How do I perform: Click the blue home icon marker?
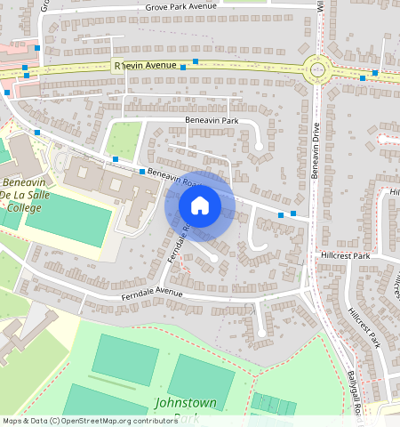click(x=200, y=205)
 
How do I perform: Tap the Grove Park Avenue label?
click(x=181, y=7)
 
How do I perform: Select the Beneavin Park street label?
click(x=212, y=120)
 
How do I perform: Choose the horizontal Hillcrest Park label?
click(x=344, y=255)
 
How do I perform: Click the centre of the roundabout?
click(x=316, y=68)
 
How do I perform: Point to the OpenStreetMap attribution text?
click(x=89, y=421)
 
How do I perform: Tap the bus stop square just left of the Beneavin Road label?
click(x=142, y=171)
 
